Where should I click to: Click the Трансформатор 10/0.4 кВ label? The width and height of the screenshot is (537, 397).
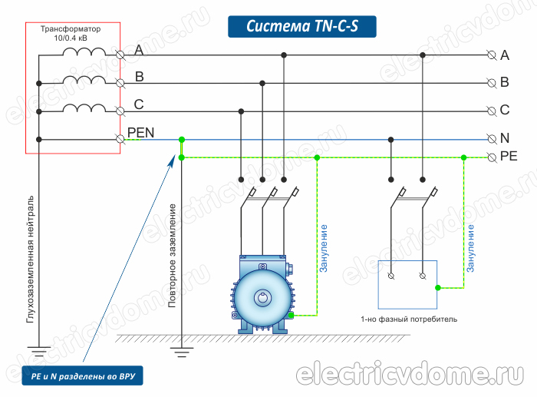pos(73,33)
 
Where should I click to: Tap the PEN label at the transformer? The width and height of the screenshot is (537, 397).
pos(141,132)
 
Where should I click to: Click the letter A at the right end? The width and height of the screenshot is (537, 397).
pos(505,55)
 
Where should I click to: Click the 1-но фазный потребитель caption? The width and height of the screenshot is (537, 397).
pos(408,318)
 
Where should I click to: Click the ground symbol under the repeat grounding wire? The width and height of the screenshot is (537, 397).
pos(182,354)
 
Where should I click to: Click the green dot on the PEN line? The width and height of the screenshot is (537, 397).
pos(182,139)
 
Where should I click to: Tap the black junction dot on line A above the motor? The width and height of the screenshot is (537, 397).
pos(285,55)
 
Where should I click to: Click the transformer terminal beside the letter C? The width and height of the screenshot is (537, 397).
pos(120,111)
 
